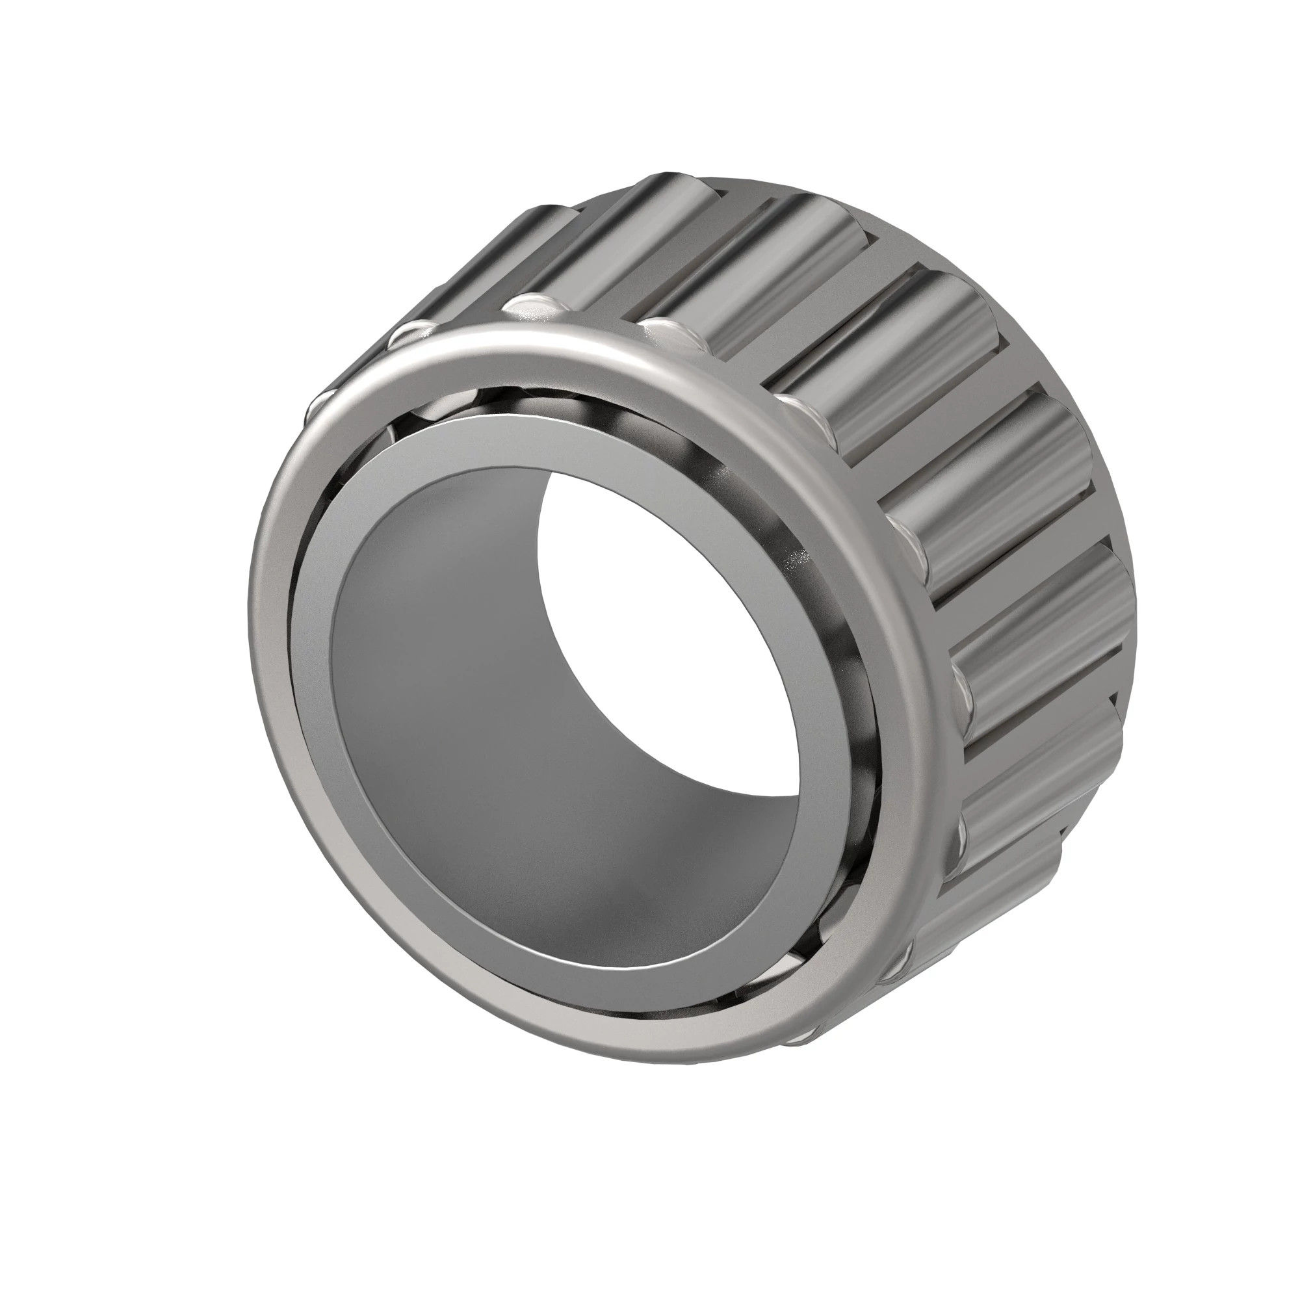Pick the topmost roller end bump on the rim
click(x=532, y=306)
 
